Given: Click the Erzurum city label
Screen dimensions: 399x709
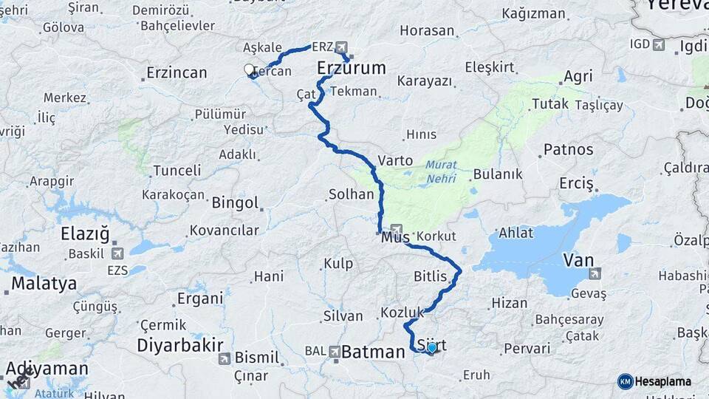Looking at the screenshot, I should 352,69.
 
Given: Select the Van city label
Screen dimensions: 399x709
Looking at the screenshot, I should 578,259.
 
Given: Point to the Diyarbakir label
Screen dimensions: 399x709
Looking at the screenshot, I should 180,345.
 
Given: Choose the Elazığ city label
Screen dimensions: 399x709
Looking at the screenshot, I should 85,236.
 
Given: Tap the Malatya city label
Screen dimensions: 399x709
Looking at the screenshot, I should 44,283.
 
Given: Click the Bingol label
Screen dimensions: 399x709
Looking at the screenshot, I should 235,202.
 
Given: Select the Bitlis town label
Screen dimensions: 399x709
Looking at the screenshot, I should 431,277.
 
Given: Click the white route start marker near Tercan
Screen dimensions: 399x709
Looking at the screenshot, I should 250,69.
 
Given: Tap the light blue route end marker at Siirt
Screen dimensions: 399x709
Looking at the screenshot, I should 431,347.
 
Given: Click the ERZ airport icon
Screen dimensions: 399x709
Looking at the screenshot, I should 341,47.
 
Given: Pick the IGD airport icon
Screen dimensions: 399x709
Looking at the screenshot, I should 658,44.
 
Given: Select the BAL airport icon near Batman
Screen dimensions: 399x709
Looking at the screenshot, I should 335,351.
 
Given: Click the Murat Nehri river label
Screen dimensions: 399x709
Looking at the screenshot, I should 441,172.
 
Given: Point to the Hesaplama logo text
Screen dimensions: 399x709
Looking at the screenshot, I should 662,381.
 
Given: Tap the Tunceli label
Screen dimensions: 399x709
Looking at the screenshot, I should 177,171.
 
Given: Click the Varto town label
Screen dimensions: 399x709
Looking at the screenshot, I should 395,160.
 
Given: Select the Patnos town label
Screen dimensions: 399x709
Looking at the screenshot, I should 568,149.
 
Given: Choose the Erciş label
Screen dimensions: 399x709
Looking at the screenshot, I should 577,182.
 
